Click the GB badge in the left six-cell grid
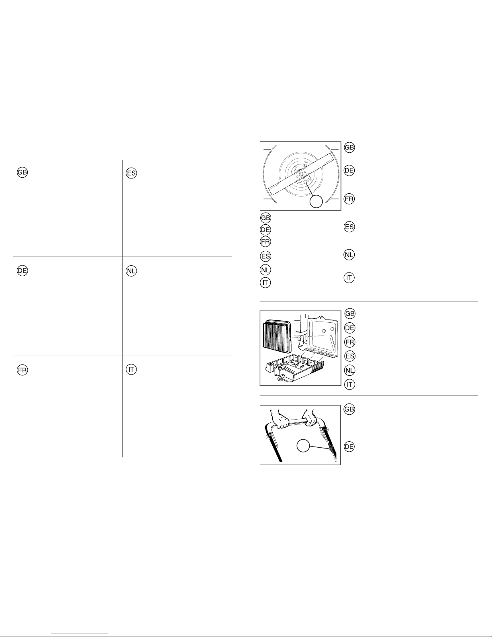click(x=22, y=172)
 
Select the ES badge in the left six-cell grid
click(x=131, y=173)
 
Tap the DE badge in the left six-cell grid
click(x=22, y=270)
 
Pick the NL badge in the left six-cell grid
click(x=131, y=271)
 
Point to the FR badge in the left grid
click(x=22, y=370)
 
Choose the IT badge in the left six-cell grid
click(x=131, y=369)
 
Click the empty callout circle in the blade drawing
click(x=316, y=201)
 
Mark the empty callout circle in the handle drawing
click(x=303, y=446)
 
